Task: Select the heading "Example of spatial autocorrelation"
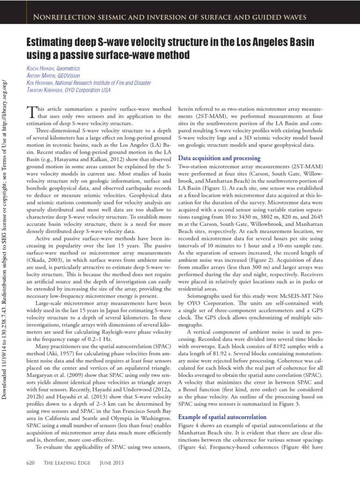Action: click(x=223, y=417)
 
